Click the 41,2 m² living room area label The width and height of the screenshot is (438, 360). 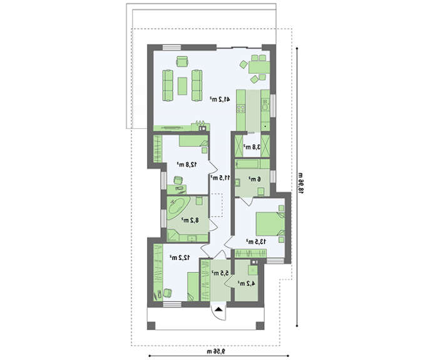(220, 99)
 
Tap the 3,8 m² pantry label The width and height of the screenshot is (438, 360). (252, 147)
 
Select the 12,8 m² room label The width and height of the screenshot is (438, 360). (187, 164)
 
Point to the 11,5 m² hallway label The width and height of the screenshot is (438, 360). (220, 177)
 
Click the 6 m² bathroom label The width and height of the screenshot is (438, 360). (255, 179)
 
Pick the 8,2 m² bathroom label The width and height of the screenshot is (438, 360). (190, 220)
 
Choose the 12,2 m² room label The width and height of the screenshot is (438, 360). (180, 257)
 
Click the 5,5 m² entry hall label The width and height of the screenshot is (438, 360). (220, 273)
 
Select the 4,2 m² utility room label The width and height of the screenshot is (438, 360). (247, 284)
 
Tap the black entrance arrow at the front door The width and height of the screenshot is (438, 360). (219, 309)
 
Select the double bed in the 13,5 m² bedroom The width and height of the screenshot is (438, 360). (270, 224)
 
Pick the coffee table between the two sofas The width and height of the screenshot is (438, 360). (183, 86)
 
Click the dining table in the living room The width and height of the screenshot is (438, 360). (259, 68)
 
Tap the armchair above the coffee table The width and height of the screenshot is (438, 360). (182, 61)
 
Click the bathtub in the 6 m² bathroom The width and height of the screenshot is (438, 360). (253, 164)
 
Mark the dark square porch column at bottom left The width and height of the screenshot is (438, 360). (151, 326)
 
